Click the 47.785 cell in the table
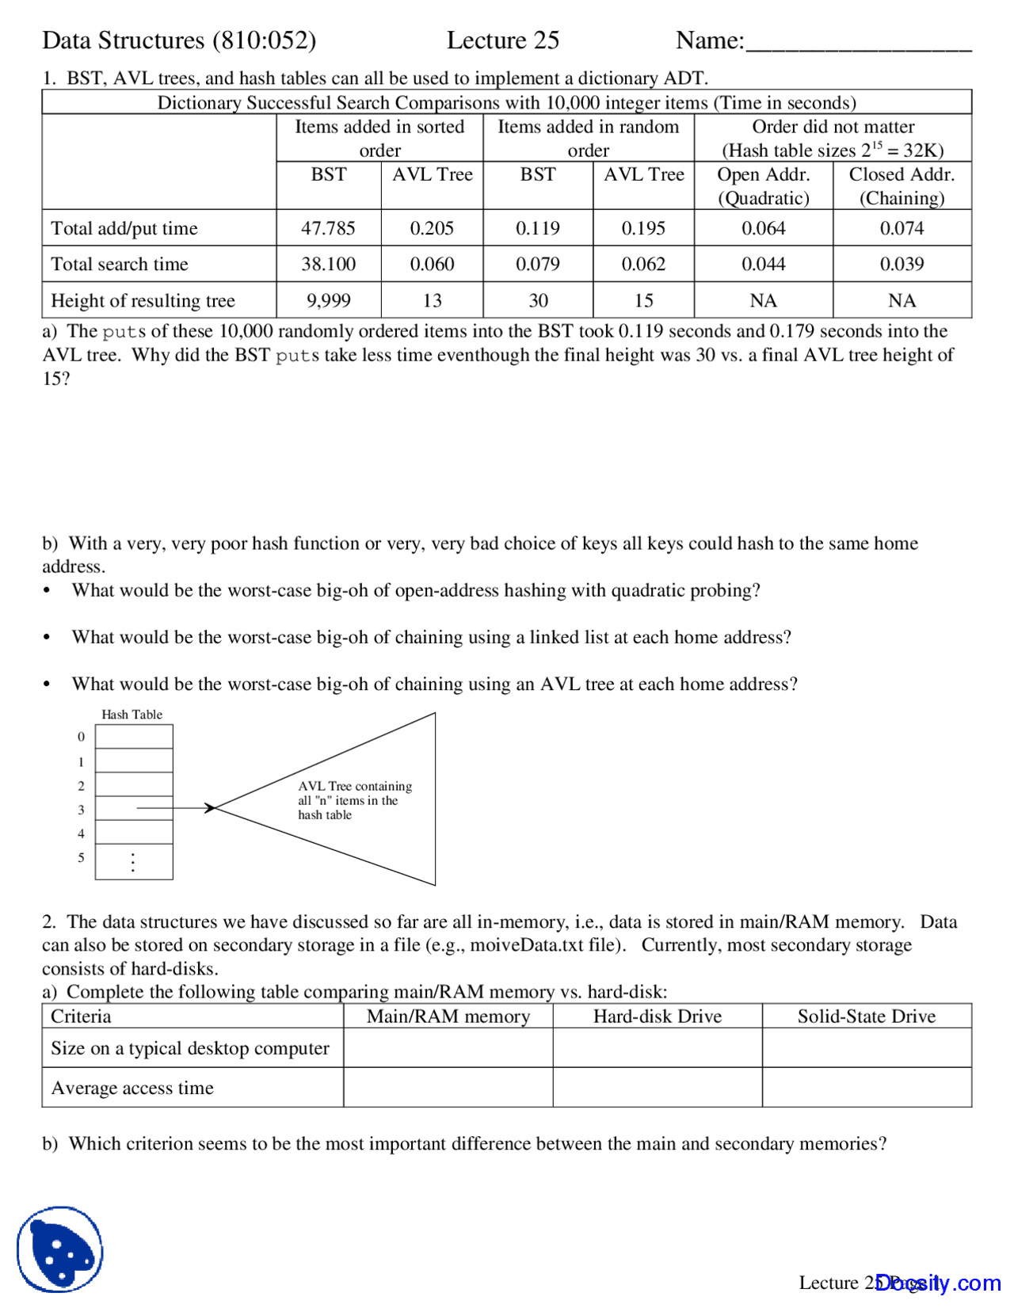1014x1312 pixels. coord(328,228)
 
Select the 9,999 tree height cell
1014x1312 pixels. coord(328,300)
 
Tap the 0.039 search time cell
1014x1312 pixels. coord(902,264)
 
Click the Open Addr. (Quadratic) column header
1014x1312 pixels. coord(763,186)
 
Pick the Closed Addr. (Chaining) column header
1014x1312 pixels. coord(902,186)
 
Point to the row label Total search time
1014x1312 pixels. coord(120,264)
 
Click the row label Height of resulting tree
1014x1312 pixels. coord(143,300)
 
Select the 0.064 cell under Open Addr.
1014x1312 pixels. coord(763,228)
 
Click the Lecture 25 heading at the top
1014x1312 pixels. coord(502,40)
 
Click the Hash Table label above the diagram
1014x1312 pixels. coord(132,714)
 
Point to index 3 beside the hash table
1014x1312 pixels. coord(81,810)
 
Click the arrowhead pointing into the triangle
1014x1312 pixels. coord(210,808)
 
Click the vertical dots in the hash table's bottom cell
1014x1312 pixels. coord(133,862)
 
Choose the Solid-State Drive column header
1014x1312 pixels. coord(866,1016)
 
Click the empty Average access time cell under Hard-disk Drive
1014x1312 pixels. coord(657,1087)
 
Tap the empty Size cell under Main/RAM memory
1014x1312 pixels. coord(448,1047)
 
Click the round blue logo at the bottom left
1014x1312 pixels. coord(60,1249)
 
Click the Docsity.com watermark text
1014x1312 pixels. coord(938,1283)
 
